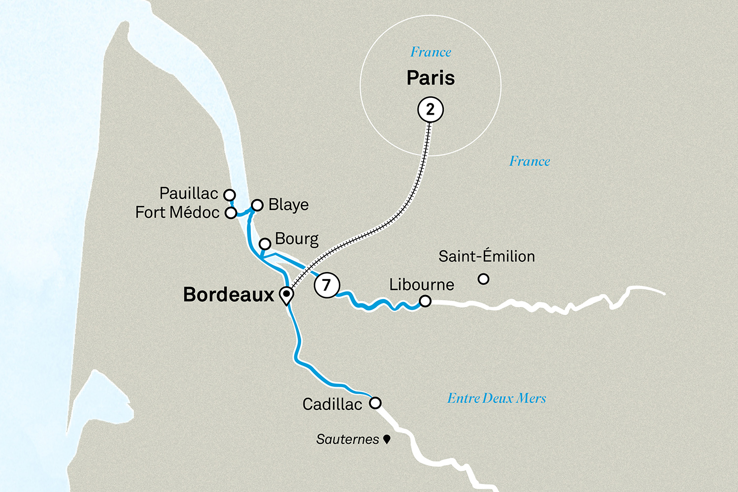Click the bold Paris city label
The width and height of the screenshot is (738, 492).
coord(430,78)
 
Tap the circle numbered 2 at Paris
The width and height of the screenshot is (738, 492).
coord(430,109)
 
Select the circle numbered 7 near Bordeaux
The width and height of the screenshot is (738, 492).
coord(327,285)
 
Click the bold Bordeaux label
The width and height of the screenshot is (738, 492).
coord(228,294)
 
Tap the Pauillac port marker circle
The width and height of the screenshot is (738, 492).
coord(229,195)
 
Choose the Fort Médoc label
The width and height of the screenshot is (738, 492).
coord(177,213)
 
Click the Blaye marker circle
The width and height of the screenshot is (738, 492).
coord(257,205)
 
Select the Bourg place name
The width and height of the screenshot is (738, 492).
coord(297,239)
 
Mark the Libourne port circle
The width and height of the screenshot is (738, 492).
coord(425,301)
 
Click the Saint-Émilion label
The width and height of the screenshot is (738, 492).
coord(487,256)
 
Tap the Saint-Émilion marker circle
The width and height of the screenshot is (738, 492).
coord(484,279)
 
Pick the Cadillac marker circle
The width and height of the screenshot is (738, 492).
coord(375,403)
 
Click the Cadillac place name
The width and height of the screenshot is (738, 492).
coord(332,404)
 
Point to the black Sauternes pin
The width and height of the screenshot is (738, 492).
coord(387,438)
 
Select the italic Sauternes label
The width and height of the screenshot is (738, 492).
coord(347,439)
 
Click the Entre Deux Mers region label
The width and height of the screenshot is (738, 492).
coord(496,398)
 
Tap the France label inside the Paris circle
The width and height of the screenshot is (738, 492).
coord(430,52)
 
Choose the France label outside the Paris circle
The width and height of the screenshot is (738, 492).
coord(529,161)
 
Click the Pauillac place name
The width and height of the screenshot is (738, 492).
coord(188,193)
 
